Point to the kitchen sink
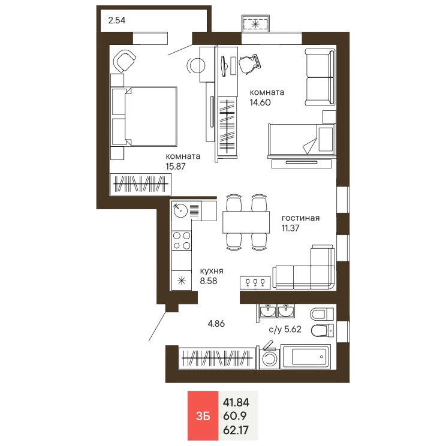[x=180, y=210]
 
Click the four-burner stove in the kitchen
[x=182, y=240]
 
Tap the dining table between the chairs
[x=246, y=222]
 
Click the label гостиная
[x=300, y=218]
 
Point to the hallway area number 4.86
[x=217, y=324]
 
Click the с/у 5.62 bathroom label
[x=284, y=329]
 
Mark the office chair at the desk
[x=250, y=64]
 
